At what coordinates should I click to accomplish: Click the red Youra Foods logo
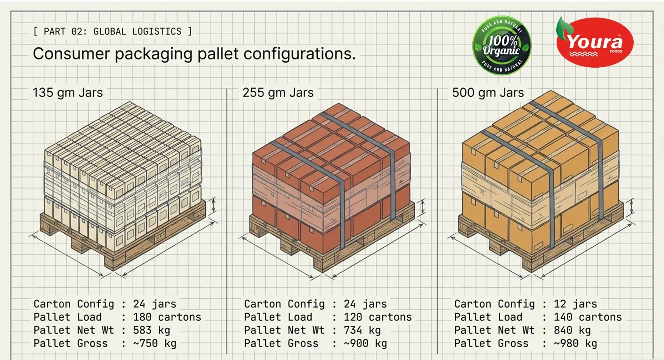pos(595,42)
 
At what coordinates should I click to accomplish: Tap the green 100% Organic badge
pos(501,45)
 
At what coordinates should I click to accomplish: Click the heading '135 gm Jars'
pos(68,93)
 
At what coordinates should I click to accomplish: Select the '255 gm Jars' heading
pos(278,93)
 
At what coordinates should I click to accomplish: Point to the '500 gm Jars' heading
pos(488,93)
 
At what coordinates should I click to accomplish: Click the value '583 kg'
pos(151,330)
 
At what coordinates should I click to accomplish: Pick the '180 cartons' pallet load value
pos(167,317)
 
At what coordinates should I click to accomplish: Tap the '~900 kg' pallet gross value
pos(365,343)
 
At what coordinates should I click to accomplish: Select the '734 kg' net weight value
pos(362,330)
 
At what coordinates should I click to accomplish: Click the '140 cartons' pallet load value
pos(587,317)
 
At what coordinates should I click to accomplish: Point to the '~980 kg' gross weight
pos(575,343)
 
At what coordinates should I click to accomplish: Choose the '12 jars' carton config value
pos(575,304)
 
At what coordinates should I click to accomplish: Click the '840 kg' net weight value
pos(572,330)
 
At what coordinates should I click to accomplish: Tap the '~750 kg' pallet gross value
pos(154,343)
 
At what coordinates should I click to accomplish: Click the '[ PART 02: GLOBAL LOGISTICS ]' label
pos(113,31)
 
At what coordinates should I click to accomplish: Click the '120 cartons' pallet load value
pos(378,317)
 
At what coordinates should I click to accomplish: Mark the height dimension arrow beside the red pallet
pos(423,206)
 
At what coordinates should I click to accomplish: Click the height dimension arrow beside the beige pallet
pos(214,205)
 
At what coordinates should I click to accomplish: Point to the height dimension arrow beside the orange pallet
pos(631,206)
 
